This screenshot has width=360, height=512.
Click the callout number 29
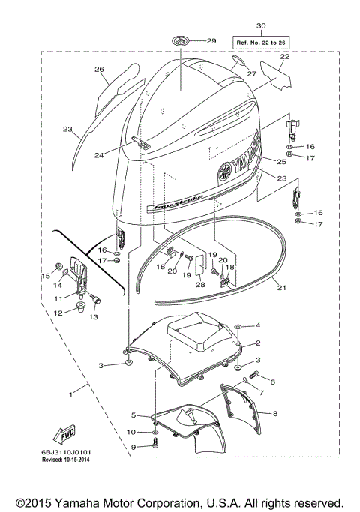tap(211, 40)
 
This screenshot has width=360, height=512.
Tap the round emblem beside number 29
tap(181, 40)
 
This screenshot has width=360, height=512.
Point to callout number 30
tap(260, 25)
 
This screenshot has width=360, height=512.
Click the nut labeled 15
tap(58, 267)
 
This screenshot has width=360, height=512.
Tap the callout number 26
tap(98, 69)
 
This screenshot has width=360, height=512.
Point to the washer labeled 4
tap(237, 327)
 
